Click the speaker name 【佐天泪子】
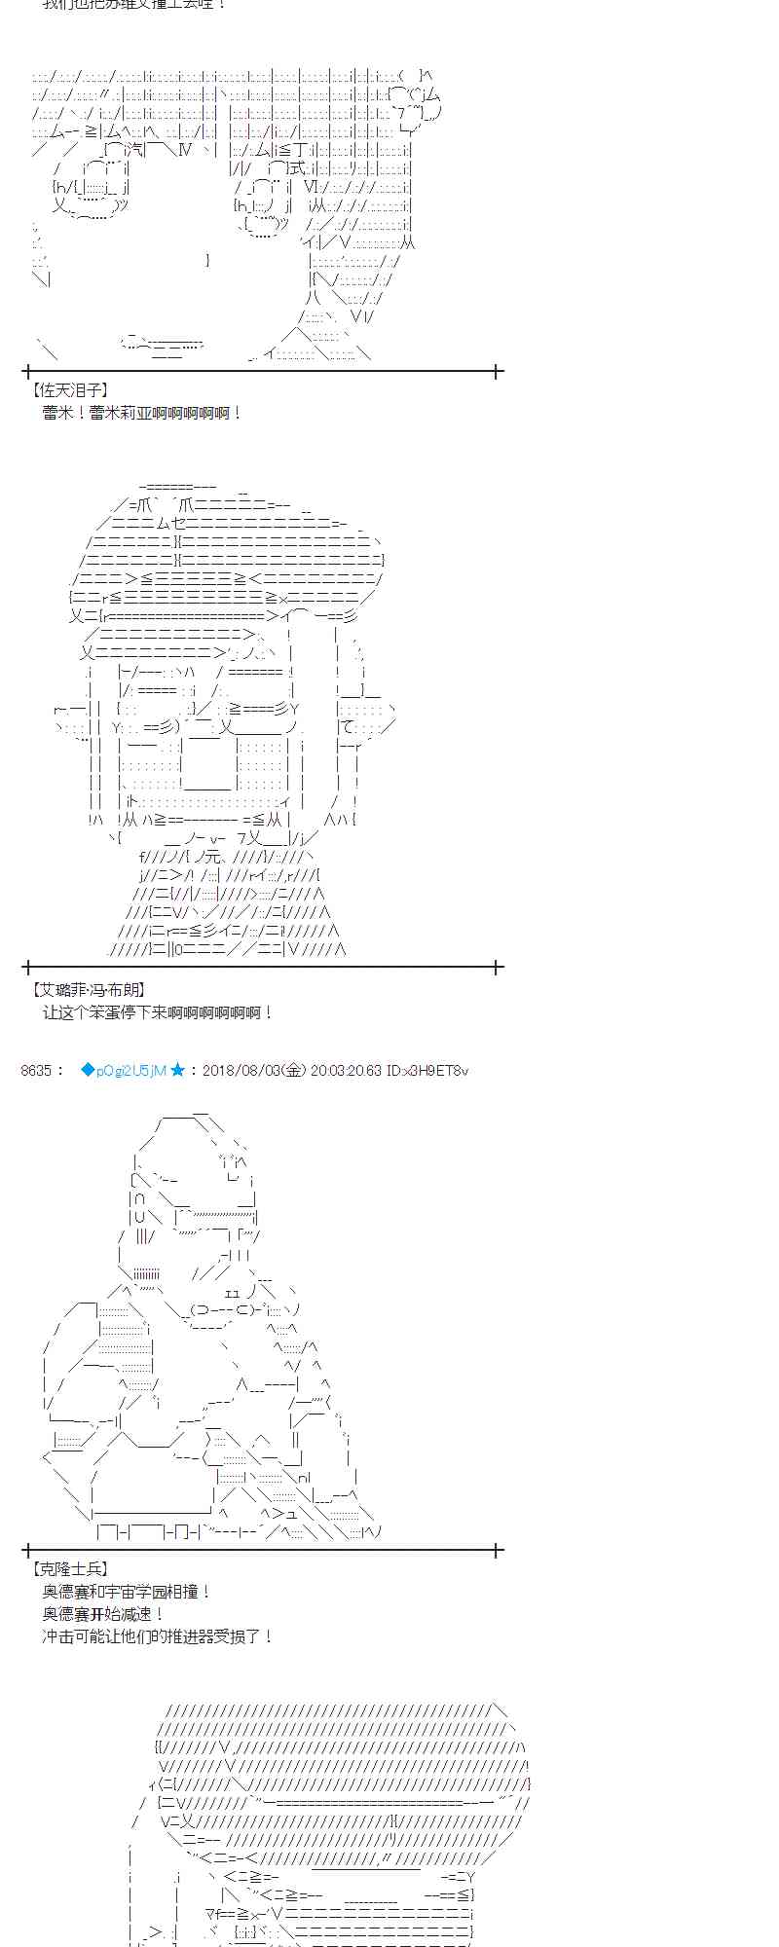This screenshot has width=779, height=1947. coord(69,390)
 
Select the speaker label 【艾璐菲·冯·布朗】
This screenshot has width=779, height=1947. coord(90,989)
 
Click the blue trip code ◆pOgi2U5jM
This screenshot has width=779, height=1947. coord(124,1071)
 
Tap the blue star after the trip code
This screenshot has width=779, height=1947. coord(178,1071)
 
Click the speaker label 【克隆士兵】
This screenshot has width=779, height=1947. coord(69,1568)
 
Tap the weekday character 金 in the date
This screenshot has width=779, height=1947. coord(295,1071)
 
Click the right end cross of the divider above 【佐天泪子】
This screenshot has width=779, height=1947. coord(498,371)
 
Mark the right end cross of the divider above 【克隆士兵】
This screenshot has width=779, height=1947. coord(498,1549)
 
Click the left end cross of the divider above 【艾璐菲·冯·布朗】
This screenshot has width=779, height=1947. coord(26,968)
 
